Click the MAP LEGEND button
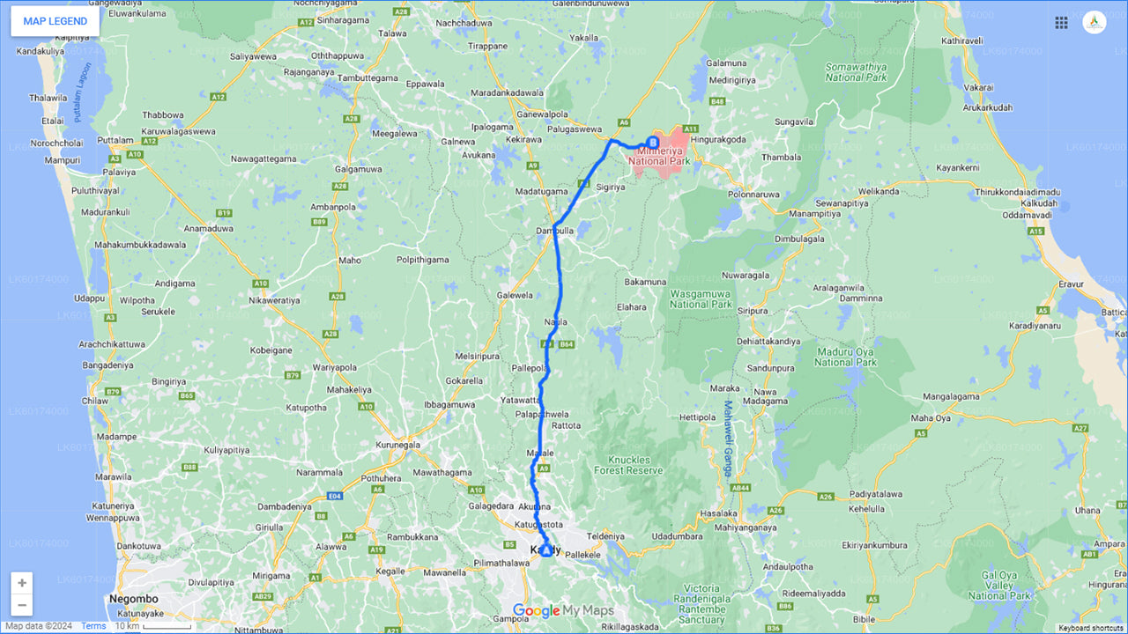pyautogui.click(x=55, y=21)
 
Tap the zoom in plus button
pyautogui.click(x=22, y=583)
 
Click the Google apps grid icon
pyautogui.click(x=1061, y=23)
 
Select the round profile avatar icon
pyautogui.click(x=1094, y=23)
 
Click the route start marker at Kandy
pyautogui.click(x=545, y=550)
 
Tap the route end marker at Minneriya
pyautogui.click(x=653, y=142)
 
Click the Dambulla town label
pyautogui.click(x=554, y=232)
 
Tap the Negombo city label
pyautogui.click(x=132, y=599)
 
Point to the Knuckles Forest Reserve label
pyautogui.click(x=628, y=465)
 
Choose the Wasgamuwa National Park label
pyautogui.click(x=701, y=299)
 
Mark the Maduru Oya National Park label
pyautogui.click(x=845, y=357)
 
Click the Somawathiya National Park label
pyautogui.click(x=856, y=72)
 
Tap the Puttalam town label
pyautogui.click(x=115, y=140)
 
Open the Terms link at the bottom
pyautogui.click(x=93, y=626)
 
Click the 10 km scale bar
pyautogui.click(x=153, y=626)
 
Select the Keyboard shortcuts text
pyautogui.click(x=1091, y=628)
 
